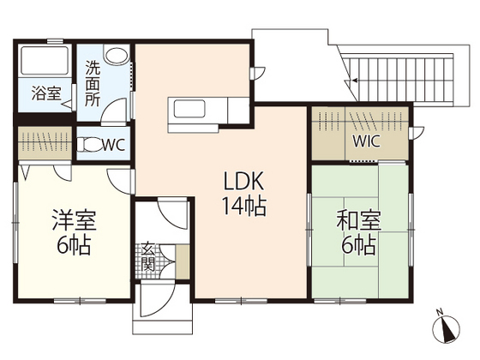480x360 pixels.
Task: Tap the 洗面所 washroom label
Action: click(92, 82)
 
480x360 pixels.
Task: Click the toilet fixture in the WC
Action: click(87, 146)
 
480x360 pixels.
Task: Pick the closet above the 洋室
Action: click(46, 140)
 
